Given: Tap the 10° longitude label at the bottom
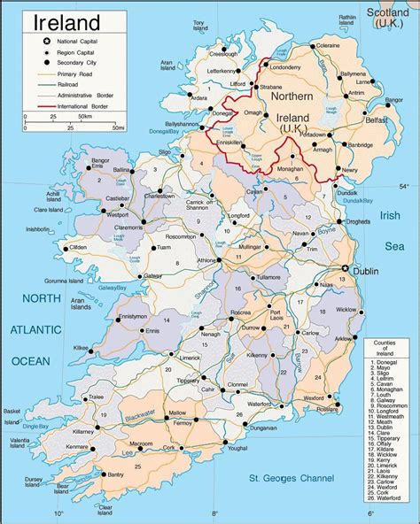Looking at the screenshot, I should (58, 513).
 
